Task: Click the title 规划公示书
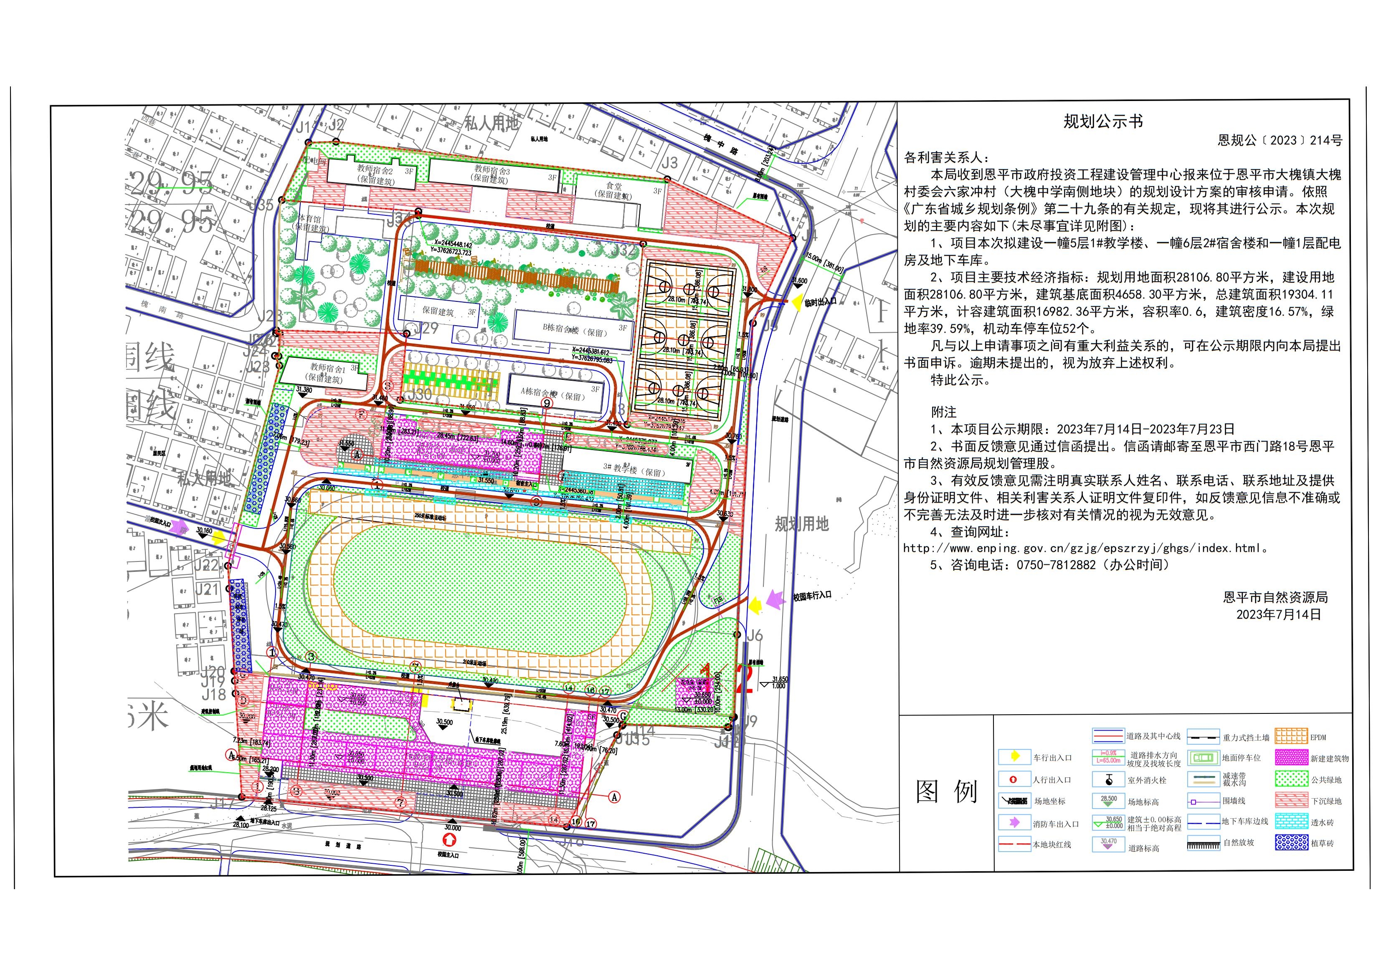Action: (x=1102, y=121)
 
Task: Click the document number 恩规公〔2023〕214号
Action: (x=1280, y=141)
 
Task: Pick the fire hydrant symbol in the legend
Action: (x=1109, y=780)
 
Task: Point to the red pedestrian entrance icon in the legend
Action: (x=1014, y=779)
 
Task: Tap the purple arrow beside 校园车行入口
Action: (x=775, y=599)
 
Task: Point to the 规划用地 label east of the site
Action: (x=801, y=524)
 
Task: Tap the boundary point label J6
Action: (x=755, y=635)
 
